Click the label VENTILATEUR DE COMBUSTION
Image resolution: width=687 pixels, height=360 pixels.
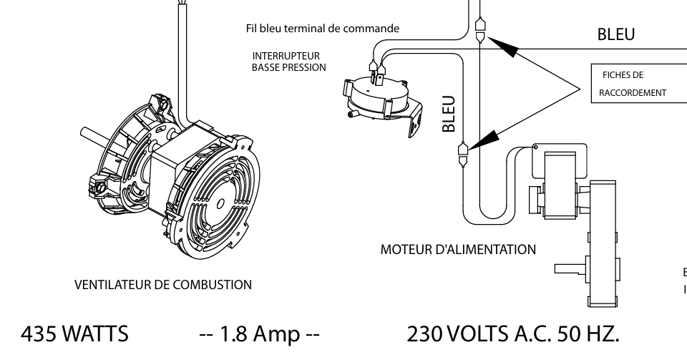(x=162, y=285)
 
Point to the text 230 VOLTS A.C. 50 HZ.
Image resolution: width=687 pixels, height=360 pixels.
(x=512, y=334)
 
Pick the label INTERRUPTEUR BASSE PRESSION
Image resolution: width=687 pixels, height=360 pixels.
(x=289, y=61)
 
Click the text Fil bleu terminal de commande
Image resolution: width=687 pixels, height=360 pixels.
(x=321, y=29)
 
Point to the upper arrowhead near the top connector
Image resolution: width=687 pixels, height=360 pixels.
(x=505, y=47)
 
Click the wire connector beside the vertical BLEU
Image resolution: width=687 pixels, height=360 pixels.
(x=463, y=152)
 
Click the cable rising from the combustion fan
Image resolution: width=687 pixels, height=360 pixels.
(x=178, y=57)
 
